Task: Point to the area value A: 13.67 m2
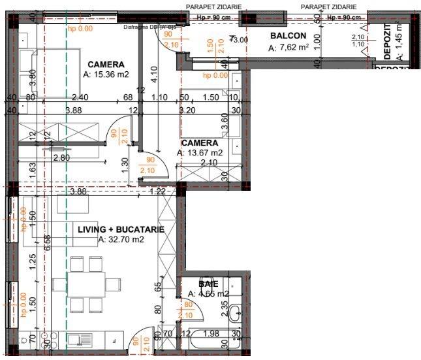click(x=200, y=153)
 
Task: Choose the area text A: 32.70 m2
click(x=121, y=240)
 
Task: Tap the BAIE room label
click(x=208, y=285)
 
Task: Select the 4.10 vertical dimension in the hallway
click(x=153, y=74)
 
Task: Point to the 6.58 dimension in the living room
click(x=46, y=243)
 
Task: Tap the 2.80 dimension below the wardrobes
click(x=61, y=158)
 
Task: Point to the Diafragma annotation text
click(x=149, y=27)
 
